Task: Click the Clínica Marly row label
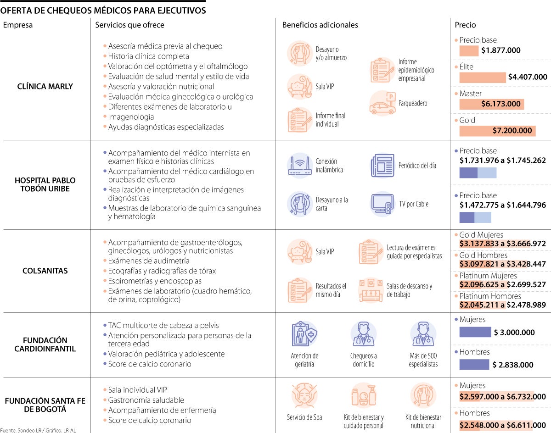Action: pyautogui.click(x=45, y=86)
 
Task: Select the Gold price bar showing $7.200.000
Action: pyautogui.click(x=497, y=131)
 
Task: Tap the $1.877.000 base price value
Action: pyautogui.click(x=501, y=50)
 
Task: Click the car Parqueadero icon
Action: pyautogui.click(x=382, y=104)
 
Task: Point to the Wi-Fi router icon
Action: pyautogui.click(x=300, y=166)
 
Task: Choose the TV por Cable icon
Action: pyautogui.click(x=382, y=204)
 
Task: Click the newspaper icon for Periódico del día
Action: pyautogui.click(x=382, y=166)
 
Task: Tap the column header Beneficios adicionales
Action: pyautogui.click(x=320, y=25)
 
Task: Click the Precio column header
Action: pyautogui.click(x=465, y=25)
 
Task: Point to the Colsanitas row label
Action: pyautogui.click(x=45, y=271)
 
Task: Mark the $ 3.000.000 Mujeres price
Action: pyautogui.click(x=514, y=333)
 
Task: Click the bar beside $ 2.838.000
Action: pyautogui.click(x=474, y=365)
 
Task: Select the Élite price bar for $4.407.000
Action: pyautogui.click(x=482, y=78)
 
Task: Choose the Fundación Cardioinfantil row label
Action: pyautogui.click(x=45, y=344)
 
